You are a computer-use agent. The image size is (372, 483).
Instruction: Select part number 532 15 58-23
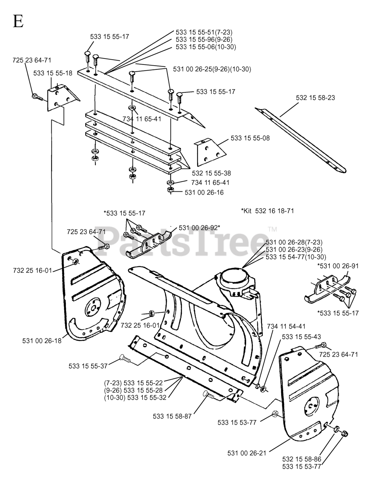(315, 98)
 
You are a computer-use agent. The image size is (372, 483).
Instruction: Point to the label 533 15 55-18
(53, 73)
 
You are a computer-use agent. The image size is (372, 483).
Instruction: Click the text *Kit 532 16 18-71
(267, 211)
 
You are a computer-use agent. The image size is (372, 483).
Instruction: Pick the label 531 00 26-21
(247, 452)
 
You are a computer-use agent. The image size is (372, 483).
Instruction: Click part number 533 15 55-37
(88, 366)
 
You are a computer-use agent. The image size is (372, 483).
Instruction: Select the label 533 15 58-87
(173, 416)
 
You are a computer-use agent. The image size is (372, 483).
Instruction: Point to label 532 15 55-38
(211, 173)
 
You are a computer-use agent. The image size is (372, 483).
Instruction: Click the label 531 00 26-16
(204, 192)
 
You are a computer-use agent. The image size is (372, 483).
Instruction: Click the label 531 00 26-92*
(199, 228)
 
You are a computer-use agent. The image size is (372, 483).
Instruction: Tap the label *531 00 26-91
(338, 266)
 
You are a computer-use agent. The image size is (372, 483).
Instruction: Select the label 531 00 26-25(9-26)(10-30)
(212, 69)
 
